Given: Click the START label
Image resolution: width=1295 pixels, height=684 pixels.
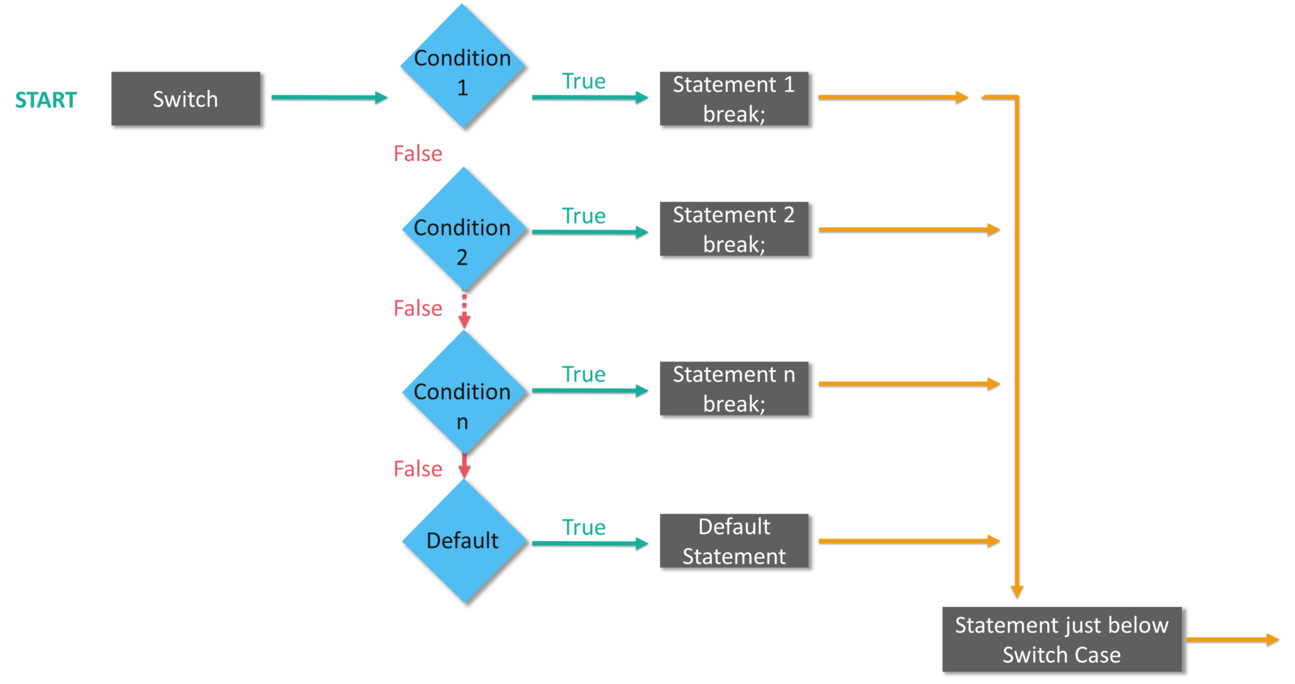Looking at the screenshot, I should (x=46, y=100).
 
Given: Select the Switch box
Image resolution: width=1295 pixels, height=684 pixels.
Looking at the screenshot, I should (x=185, y=99).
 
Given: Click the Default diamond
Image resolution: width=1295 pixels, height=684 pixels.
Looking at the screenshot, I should (x=463, y=540).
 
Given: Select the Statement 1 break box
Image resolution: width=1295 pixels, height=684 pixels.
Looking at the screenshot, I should (x=733, y=99).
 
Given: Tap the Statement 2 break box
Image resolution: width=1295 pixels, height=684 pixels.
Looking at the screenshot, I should (x=733, y=228).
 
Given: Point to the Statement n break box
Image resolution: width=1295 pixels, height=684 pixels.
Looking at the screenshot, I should (x=733, y=388).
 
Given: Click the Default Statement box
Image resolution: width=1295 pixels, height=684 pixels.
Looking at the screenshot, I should (x=733, y=540).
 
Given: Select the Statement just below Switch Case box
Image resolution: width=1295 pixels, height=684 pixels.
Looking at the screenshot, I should (x=1061, y=639).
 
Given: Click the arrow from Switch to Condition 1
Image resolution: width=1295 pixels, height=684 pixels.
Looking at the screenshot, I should (x=329, y=97).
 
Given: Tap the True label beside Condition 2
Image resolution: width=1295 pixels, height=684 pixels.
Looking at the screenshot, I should (x=583, y=216).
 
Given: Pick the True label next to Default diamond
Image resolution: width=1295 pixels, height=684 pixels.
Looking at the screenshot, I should (x=583, y=527).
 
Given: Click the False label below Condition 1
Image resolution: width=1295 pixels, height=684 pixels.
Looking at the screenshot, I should (x=418, y=154).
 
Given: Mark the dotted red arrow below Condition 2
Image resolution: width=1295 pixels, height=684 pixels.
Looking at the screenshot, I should (x=464, y=311).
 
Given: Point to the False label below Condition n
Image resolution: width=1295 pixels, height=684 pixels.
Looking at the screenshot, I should (x=418, y=469).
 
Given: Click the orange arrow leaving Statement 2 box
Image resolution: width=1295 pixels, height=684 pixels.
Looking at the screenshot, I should (x=909, y=229).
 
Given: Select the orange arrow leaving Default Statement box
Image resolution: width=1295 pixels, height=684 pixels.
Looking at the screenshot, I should (x=909, y=541).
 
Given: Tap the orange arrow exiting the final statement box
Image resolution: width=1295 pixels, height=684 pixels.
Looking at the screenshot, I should (x=1232, y=639).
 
